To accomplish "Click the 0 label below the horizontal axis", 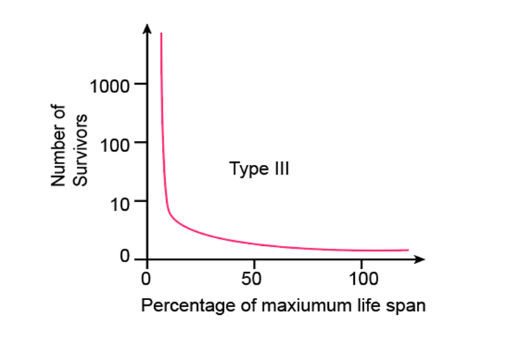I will (x=146, y=278).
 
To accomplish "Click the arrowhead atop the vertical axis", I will (x=146, y=28).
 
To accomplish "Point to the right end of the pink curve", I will (x=408, y=249).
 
